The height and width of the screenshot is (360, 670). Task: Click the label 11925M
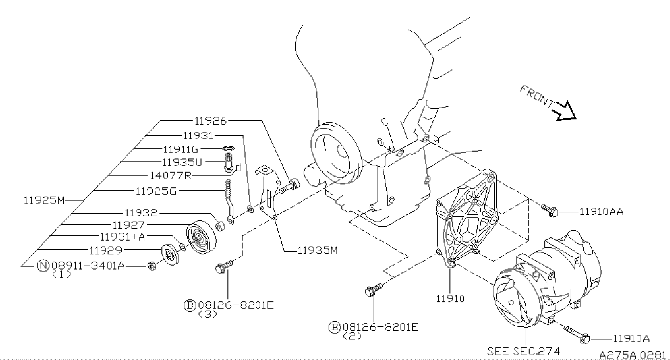point(44,200)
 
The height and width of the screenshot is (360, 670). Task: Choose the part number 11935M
point(318,250)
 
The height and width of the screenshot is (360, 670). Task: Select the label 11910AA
point(601,212)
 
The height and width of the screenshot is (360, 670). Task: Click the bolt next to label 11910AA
point(550,210)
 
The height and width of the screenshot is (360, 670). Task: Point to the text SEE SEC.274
point(523,351)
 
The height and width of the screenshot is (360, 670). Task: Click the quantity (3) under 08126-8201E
point(207,314)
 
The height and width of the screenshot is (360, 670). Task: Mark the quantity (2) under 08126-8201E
point(353,336)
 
